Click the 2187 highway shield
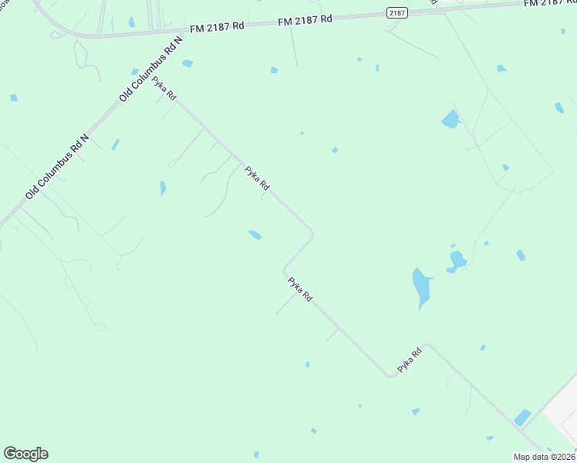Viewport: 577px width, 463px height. [x=396, y=12]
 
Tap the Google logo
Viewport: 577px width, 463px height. [x=25, y=454]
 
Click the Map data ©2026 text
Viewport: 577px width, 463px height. [x=545, y=457]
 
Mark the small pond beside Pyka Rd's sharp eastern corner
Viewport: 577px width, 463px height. [x=255, y=235]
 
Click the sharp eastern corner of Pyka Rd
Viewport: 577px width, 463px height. [x=312, y=233]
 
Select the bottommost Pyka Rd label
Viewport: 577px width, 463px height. [x=410, y=361]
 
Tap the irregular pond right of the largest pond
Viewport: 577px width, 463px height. [x=457, y=260]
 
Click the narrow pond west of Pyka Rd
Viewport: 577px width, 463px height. [x=163, y=188]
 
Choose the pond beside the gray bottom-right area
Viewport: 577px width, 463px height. [x=523, y=417]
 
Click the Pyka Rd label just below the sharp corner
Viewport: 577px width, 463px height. [x=300, y=289]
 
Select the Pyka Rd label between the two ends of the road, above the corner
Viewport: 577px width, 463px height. [x=257, y=178]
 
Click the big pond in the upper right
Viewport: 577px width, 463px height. [x=450, y=120]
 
